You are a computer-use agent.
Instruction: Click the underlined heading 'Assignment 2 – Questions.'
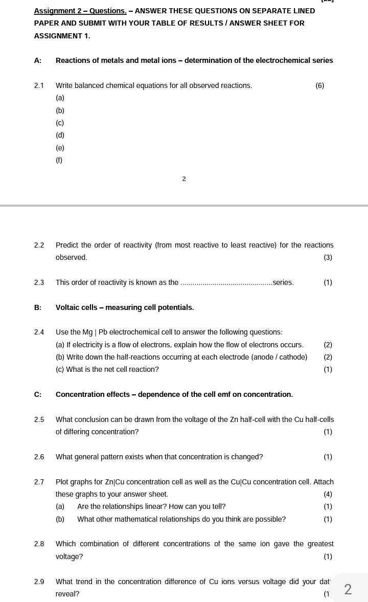click(x=80, y=11)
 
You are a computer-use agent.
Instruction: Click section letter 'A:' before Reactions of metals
click(x=38, y=60)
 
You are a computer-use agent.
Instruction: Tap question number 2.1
click(x=39, y=85)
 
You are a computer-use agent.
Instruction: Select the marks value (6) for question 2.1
click(x=319, y=85)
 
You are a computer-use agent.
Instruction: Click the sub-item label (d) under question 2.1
click(x=60, y=135)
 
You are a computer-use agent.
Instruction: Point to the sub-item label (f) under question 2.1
click(x=59, y=160)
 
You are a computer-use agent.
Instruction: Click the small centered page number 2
click(x=184, y=179)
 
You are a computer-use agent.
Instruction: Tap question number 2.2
click(x=39, y=245)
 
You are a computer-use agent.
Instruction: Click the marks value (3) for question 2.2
click(x=328, y=257)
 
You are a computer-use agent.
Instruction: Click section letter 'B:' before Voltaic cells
click(x=38, y=307)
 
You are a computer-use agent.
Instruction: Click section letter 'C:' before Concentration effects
click(x=38, y=394)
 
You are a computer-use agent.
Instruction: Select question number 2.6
click(x=39, y=457)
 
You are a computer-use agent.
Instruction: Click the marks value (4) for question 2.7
click(x=328, y=494)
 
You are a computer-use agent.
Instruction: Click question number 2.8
click(x=39, y=544)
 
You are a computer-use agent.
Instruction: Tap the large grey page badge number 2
click(x=348, y=589)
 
